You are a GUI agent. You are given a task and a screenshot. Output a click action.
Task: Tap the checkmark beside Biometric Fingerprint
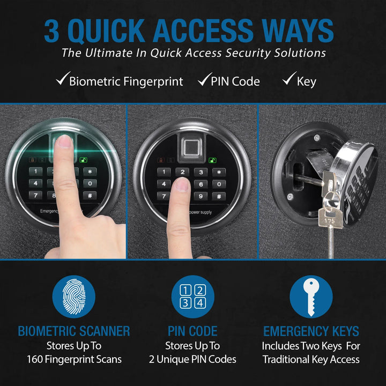62,81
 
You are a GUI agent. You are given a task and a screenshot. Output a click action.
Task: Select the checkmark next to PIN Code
203,81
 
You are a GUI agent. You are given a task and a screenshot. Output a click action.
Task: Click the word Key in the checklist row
307,81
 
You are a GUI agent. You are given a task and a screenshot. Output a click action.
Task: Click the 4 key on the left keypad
35,183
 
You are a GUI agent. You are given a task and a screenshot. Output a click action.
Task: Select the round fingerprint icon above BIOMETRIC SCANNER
73,296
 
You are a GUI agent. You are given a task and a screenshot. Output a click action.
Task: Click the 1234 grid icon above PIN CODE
192,296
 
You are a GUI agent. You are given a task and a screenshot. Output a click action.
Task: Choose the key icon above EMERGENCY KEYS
311,296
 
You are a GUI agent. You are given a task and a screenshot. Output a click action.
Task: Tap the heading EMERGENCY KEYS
311,331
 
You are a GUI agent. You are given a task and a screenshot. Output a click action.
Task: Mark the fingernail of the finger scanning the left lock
64,141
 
